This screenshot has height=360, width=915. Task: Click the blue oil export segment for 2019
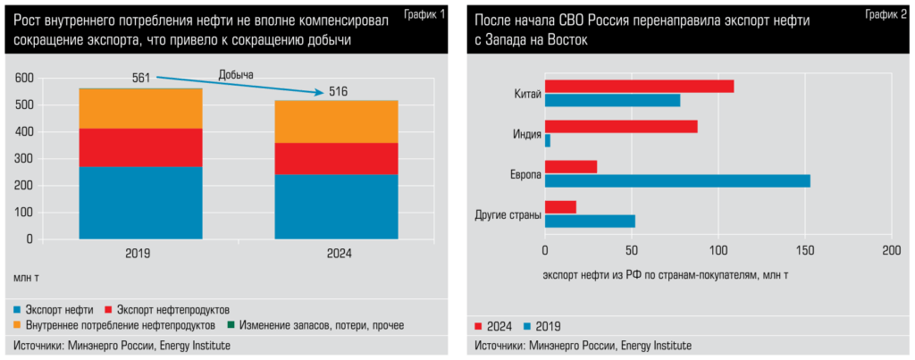click(140, 203)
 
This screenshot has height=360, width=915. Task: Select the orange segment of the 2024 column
click(336, 121)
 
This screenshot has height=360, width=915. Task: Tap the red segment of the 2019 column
click(140, 147)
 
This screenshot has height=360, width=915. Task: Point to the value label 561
click(141, 78)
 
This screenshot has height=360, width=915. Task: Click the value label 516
click(338, 92)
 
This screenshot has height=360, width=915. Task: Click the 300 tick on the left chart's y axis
click(23, 158)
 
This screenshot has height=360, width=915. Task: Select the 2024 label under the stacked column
click(337, 254)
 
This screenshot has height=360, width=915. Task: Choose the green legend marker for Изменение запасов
click(231, 323)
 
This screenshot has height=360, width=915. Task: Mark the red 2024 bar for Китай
click(639, 87)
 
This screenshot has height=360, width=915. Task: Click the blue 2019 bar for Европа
click(677, 180)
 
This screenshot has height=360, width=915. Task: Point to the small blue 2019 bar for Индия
click(548, 140)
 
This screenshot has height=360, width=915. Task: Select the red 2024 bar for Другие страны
click(560, 207)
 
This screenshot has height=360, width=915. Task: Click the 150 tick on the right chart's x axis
click(806, 251)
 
